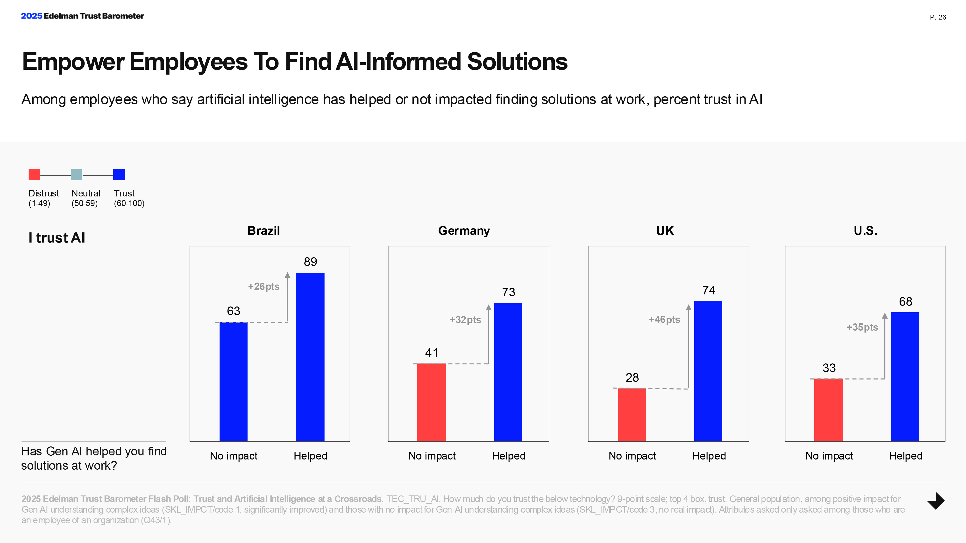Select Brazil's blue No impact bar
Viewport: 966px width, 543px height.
pyautogui.click(x=233, y=382)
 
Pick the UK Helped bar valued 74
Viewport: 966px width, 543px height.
pyautogui.click(x=708, y=371)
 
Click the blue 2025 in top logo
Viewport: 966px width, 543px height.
pyautogui.click(x=31, y=16)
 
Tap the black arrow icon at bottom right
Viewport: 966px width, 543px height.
pyautogui.click(x=936, y=501)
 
